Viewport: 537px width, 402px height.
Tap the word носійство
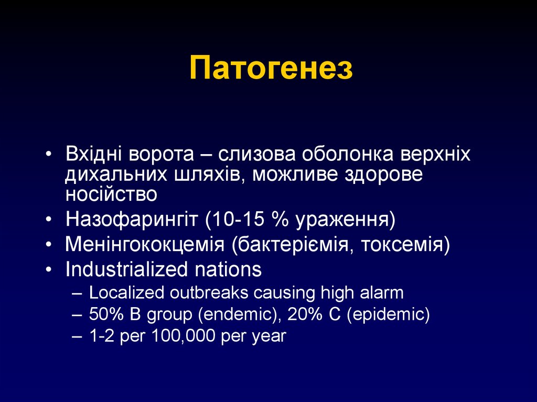(111, 194)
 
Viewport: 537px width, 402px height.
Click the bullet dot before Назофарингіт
(49, 220)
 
